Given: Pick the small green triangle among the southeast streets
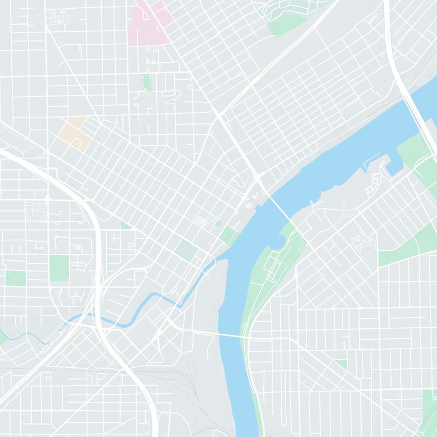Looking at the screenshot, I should (341, 363).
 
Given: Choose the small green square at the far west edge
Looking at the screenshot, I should (15, 278).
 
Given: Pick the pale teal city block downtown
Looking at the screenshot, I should (187, 251).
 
